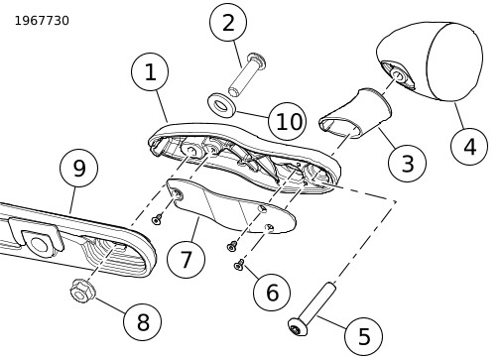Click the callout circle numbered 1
click(150, 71)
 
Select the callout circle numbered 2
click(228, 22)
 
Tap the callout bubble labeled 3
click(407, 163)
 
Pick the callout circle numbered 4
click(469, 146)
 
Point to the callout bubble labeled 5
click(363, 336)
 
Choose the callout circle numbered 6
click(272, 293)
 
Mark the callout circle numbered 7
click(186, 259)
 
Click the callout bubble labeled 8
click(143, 321)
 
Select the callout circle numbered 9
click(78, 168)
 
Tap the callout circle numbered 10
click(288, 121)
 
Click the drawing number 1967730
click(42, 21)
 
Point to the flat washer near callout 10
click(221, 104)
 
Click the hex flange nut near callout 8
click(82, 291)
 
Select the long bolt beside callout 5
click(313, 309)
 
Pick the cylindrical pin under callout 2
click(247, 75)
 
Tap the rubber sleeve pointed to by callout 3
click(355, 113)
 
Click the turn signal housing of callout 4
click(430, 61)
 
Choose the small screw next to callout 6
click(239, 265)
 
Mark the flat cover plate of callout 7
click(231, 206)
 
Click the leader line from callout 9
click(72, 200)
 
